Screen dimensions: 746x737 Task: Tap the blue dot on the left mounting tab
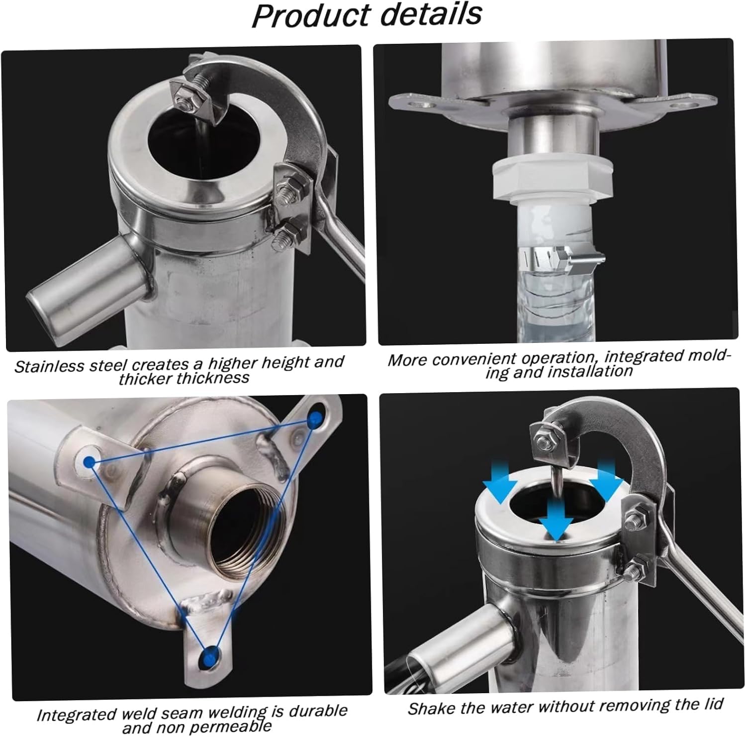click(90, 462)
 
